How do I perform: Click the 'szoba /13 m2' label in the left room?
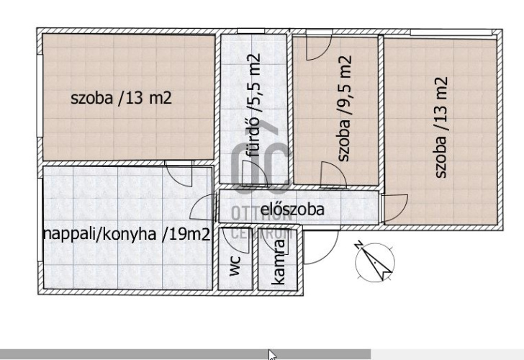(121, 98)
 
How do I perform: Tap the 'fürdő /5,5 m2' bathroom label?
(253, 106)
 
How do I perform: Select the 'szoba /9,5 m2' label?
(345, 108)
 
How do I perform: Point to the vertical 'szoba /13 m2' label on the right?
(441, 127)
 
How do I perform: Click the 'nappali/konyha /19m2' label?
(127, 234)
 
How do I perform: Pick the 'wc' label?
(235, 266)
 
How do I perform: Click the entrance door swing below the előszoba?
(321, 246)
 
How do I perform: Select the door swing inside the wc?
(235, 240)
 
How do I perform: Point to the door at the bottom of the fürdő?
(255, 173)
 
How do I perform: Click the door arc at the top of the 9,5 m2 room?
(319, 47)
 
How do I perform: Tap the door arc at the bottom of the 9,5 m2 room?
(333, 174)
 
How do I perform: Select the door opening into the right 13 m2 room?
(396, 208)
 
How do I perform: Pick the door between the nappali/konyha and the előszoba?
(202, 207)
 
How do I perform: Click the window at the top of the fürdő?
(250, 31)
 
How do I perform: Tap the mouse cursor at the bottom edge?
(272, 355)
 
